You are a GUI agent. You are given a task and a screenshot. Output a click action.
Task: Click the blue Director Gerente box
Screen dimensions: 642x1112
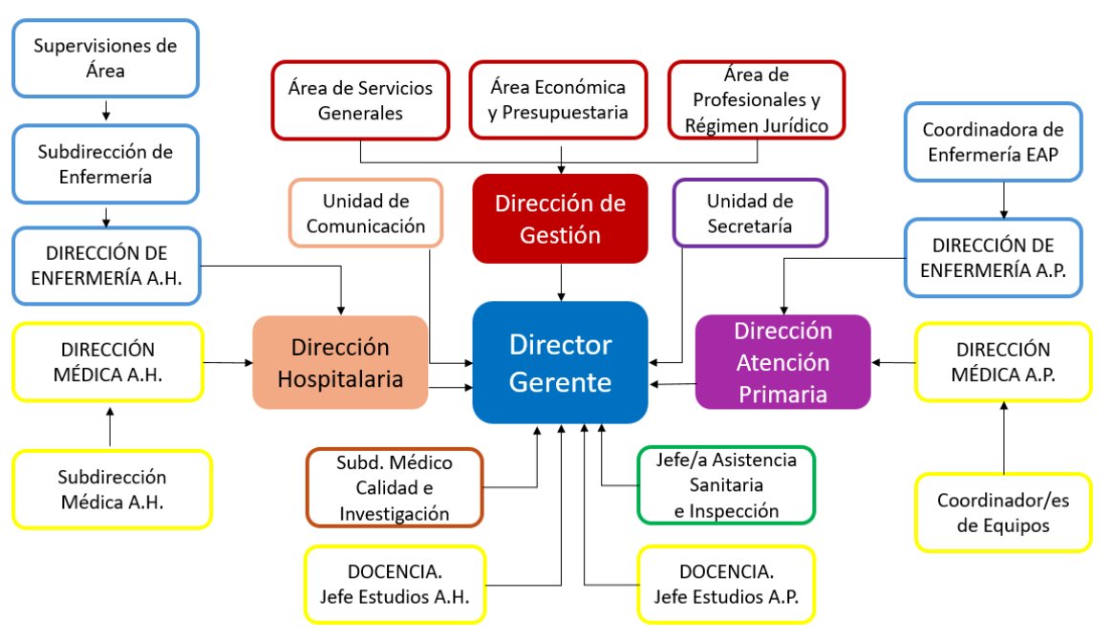[560, 363]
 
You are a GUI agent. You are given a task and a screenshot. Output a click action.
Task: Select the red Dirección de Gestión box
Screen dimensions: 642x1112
[560, 218]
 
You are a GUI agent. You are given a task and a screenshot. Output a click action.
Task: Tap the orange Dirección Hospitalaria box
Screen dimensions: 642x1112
[340, 363]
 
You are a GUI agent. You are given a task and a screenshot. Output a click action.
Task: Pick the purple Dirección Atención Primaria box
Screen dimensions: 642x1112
[782, 363]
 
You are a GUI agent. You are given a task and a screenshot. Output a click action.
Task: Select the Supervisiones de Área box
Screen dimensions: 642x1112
[105, 57]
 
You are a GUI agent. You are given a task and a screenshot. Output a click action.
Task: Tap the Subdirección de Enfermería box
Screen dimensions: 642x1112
[105, 162]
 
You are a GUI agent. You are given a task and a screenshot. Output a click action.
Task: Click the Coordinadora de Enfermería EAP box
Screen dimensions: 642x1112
[994, 143]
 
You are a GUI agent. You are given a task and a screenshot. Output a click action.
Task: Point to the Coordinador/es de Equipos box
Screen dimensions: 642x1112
[1002, 513]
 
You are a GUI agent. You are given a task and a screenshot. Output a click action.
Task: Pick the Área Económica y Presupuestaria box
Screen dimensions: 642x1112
[558, 100]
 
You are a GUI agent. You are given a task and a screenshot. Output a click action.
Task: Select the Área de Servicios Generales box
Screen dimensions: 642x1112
[360, 100]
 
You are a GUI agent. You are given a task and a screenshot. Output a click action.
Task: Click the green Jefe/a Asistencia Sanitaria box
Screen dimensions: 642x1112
[727, 485]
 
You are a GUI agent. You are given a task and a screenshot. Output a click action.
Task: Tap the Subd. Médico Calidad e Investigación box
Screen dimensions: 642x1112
[394, 487]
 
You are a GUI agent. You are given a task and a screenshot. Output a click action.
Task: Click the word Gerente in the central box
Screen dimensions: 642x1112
[560, 382]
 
